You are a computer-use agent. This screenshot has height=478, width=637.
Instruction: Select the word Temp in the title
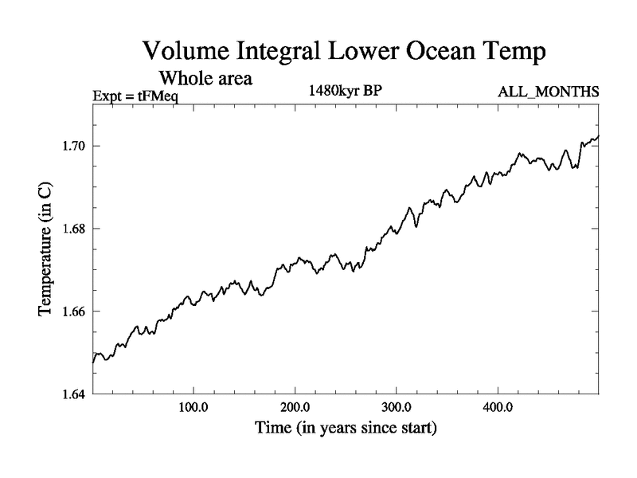click(x=514, y=53)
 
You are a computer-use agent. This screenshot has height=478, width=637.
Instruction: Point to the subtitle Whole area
click(x=206, y=78)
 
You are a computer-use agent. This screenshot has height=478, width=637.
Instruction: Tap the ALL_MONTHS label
click(x=549, y=92)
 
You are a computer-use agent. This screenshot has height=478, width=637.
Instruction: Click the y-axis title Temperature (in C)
click(x=45, y=249)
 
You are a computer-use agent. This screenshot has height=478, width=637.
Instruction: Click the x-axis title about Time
click(x=346, y=429)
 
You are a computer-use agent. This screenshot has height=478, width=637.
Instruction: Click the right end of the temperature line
click(x=598, y=136)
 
